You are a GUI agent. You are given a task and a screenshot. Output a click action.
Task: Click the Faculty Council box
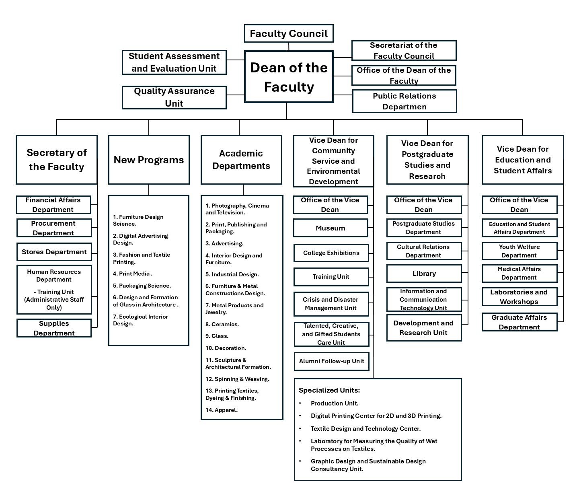coord(289,33)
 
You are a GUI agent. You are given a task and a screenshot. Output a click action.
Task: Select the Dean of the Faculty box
coord(289,77)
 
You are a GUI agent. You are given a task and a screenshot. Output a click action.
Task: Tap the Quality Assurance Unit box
coord(174,97)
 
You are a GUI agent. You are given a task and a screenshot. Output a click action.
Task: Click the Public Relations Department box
coord(404,101)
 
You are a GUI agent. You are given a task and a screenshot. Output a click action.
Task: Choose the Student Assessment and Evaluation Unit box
coord(174,62)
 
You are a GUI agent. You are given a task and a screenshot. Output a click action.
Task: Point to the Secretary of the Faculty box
coord(57,160)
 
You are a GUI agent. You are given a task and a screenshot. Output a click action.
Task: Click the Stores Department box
coord(54,252)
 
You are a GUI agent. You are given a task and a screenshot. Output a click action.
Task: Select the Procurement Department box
coord(53,228)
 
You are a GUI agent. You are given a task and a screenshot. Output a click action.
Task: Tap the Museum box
coord(331,228)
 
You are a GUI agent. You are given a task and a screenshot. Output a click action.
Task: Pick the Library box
coord(424,274)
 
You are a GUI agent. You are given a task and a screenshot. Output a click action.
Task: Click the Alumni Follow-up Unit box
coord(331,361)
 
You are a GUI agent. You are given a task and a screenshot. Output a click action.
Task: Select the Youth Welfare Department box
coord(519,251)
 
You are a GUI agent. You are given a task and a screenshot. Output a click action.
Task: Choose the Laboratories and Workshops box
coord(519,297)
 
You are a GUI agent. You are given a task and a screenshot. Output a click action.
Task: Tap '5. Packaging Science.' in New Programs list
coord(142,286)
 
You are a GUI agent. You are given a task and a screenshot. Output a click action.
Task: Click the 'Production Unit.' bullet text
coord(335,403)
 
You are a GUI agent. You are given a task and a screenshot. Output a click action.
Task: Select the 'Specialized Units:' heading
coord(329,390)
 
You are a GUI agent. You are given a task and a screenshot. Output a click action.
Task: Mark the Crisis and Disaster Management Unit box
coord(331,304)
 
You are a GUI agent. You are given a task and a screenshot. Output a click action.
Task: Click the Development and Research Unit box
coord(423,328)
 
